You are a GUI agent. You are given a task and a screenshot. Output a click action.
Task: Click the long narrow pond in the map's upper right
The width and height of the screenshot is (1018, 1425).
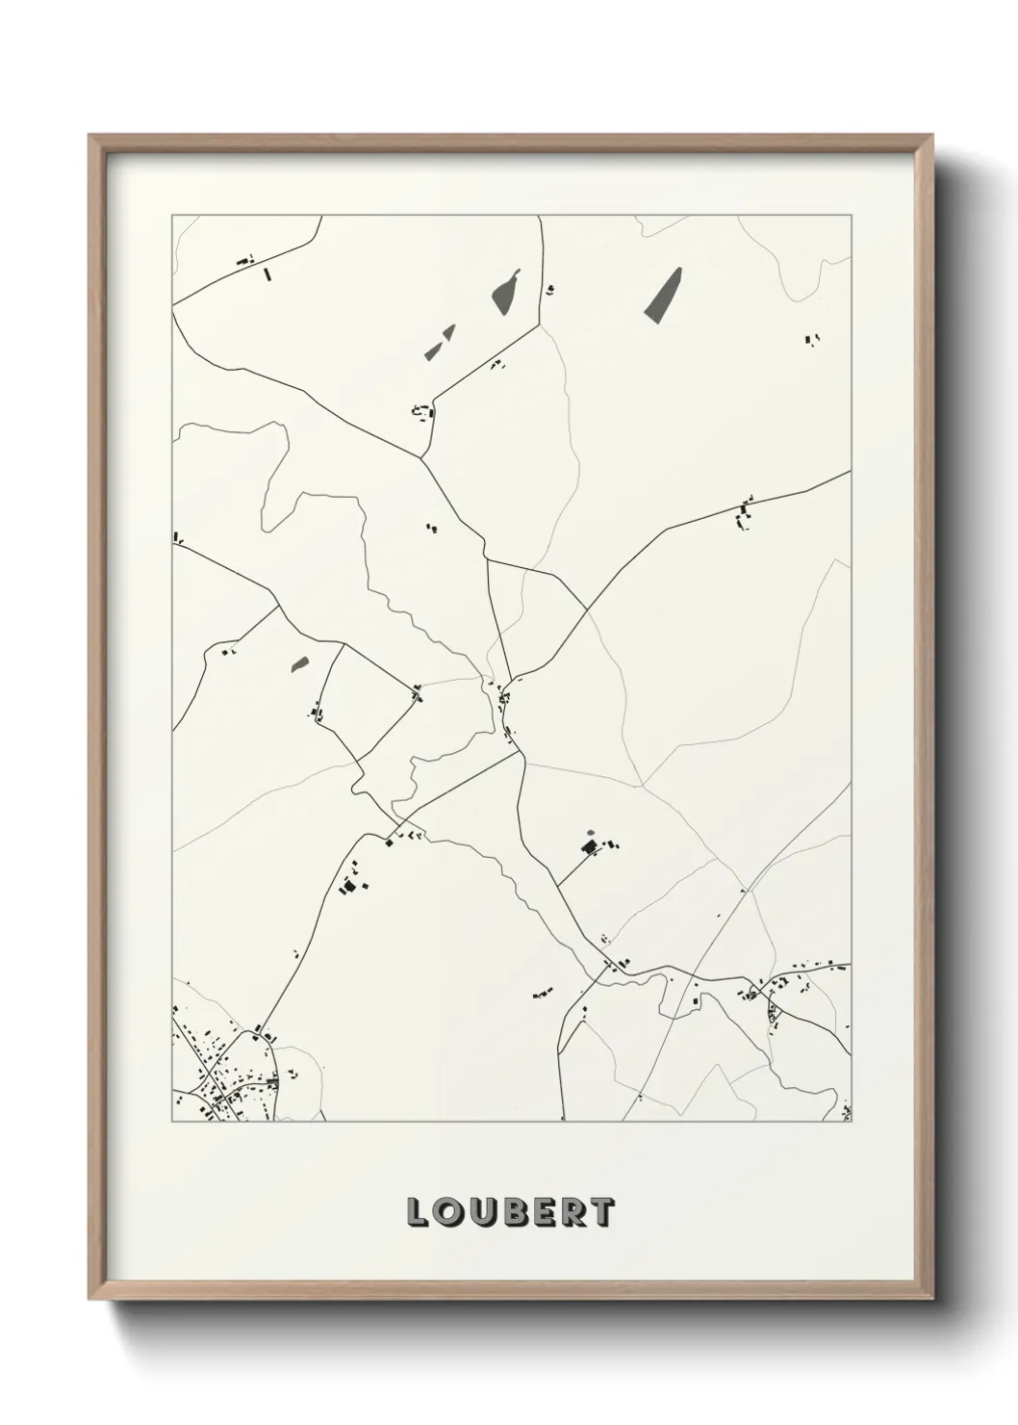pos(662,294)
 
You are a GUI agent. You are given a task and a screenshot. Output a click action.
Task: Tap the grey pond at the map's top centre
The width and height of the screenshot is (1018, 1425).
pos(505,290)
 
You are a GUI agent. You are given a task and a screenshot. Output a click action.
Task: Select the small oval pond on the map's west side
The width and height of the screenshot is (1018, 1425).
pos(299,663)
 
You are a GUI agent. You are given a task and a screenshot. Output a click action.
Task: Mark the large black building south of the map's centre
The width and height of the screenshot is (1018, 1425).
pos(588,847)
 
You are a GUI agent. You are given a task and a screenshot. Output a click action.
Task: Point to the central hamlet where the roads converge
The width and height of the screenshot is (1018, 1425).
pos(504,708)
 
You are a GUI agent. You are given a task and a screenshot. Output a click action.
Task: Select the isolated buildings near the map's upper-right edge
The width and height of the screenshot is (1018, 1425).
pos(811,338)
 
